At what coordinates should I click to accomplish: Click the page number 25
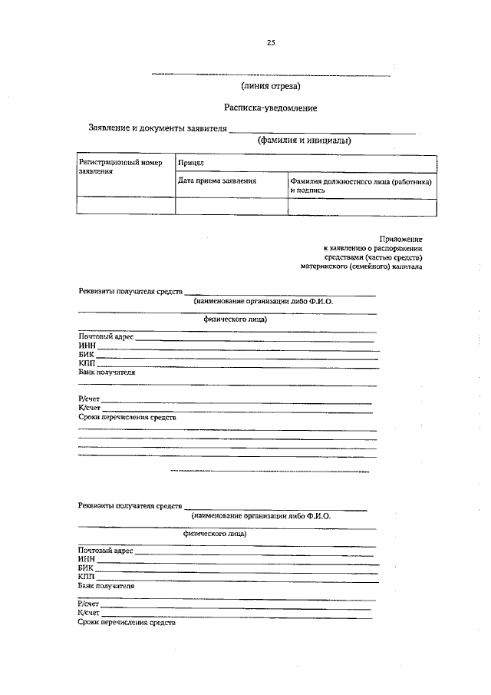pyautogui.click(x=271, y=43)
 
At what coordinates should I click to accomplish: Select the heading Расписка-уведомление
pyautogui.click(x=271, y=108)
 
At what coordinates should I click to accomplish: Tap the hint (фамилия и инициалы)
pyautogui.click(x=305, y=141)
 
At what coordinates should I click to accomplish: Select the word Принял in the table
pyautogui.click(x=189, y=164)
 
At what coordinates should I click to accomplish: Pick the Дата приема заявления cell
pyautogui.click(x=217, y=180)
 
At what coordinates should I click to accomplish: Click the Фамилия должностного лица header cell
pyautogui.click(x=361, y=184)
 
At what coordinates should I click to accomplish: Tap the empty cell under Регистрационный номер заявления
pyautogui.click(x=126, y=206)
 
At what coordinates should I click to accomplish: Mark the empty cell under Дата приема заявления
pyautogui.click(x=232, y=206)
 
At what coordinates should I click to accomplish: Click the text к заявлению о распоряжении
pyautogui.click(x=373, y=249)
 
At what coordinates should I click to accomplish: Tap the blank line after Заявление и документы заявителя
pyautogui.click(x=322, y=131)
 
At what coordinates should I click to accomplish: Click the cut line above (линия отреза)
pyautogui.click(x=271, y=74)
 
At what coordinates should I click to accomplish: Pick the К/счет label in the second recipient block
pyautogui.click(x=88, y=612)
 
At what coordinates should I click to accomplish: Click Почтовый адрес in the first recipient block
pyautogui.click(x=106, y=337)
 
